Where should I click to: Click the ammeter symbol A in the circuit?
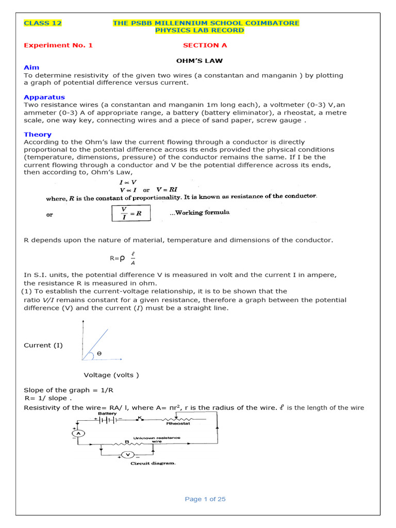coord(78,434)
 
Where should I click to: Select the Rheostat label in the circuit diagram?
coord(177,423)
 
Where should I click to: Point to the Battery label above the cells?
coord(107,413)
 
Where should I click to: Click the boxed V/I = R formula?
coord(131,213)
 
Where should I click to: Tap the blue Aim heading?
coord(31,68)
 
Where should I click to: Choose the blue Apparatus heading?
coord(44,97)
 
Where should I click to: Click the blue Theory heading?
coord(38,134)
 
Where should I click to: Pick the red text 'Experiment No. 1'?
coord(58,45)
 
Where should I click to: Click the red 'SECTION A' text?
coord(205,45)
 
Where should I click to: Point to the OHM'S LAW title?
coord(205,60)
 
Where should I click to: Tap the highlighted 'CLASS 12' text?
coord(43,23)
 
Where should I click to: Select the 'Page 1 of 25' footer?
coord(205,499)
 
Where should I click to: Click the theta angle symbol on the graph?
coord(99,353)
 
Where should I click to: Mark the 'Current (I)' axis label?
coord(43,345)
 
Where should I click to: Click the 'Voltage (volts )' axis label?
coord(111,375)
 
